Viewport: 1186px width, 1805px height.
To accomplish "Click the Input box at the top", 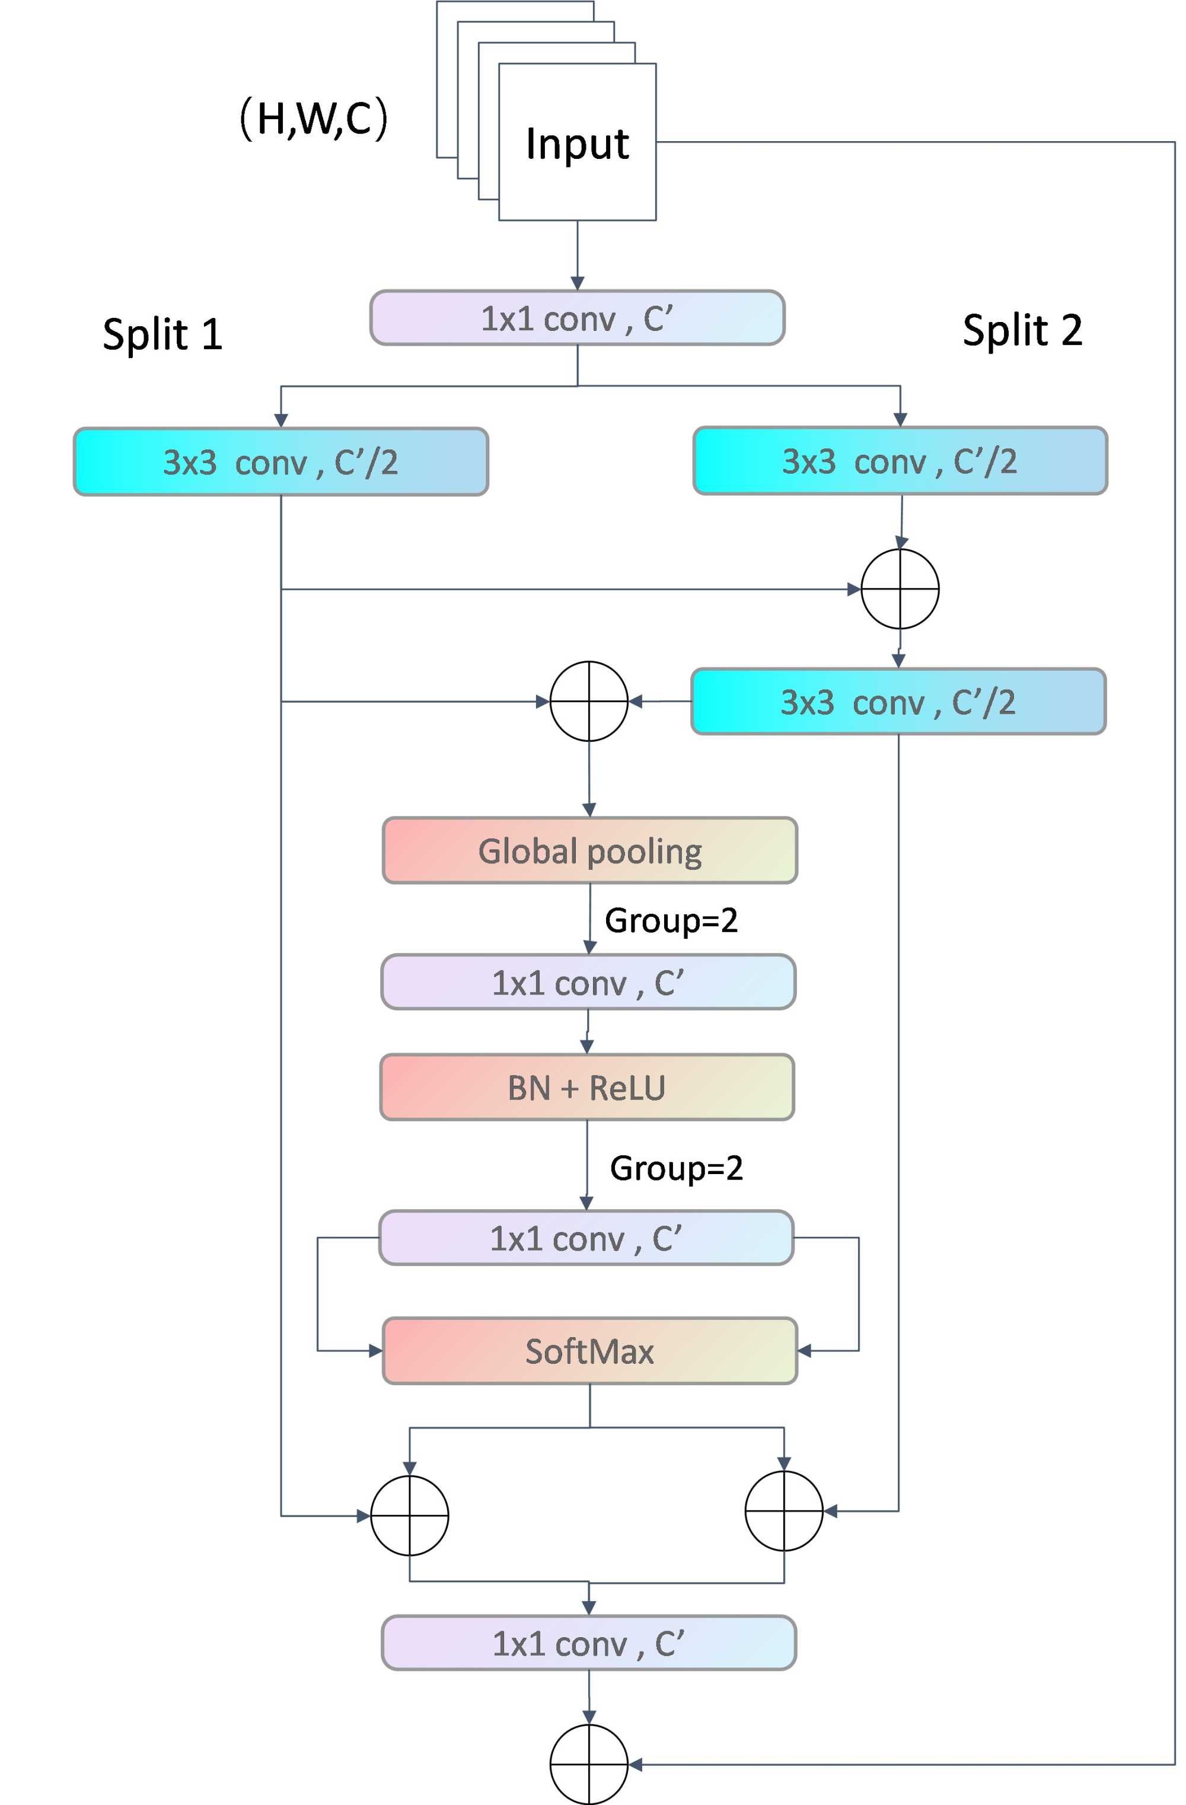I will tap(577, 142).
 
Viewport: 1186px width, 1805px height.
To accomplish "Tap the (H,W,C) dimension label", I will tap(313, 119).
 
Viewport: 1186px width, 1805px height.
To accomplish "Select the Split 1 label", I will tap(162, 334).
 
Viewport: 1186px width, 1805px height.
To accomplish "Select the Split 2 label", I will tap(1022, 331).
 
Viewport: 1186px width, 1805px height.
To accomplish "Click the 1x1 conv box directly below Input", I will tap(577, 318).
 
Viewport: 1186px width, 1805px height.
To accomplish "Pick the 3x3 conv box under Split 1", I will tap(280, 462).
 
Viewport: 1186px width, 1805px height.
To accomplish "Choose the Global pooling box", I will tap(589, 850).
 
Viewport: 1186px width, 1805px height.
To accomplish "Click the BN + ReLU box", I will tap(587, 1087).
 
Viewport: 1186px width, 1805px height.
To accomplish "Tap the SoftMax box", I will tap(589, 1351).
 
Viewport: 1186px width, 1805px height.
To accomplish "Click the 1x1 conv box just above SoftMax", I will tap(586, 1238).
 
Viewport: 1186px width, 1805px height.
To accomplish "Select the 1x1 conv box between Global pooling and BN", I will tap(588, 982).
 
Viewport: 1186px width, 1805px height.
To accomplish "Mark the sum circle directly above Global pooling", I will tap(588, 701).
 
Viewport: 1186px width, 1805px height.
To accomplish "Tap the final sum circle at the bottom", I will tap(588, 1765).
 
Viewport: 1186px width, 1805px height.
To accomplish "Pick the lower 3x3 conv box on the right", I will tap(898, 701).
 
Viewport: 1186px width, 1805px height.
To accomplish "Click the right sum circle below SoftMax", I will tap(784, 1511).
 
